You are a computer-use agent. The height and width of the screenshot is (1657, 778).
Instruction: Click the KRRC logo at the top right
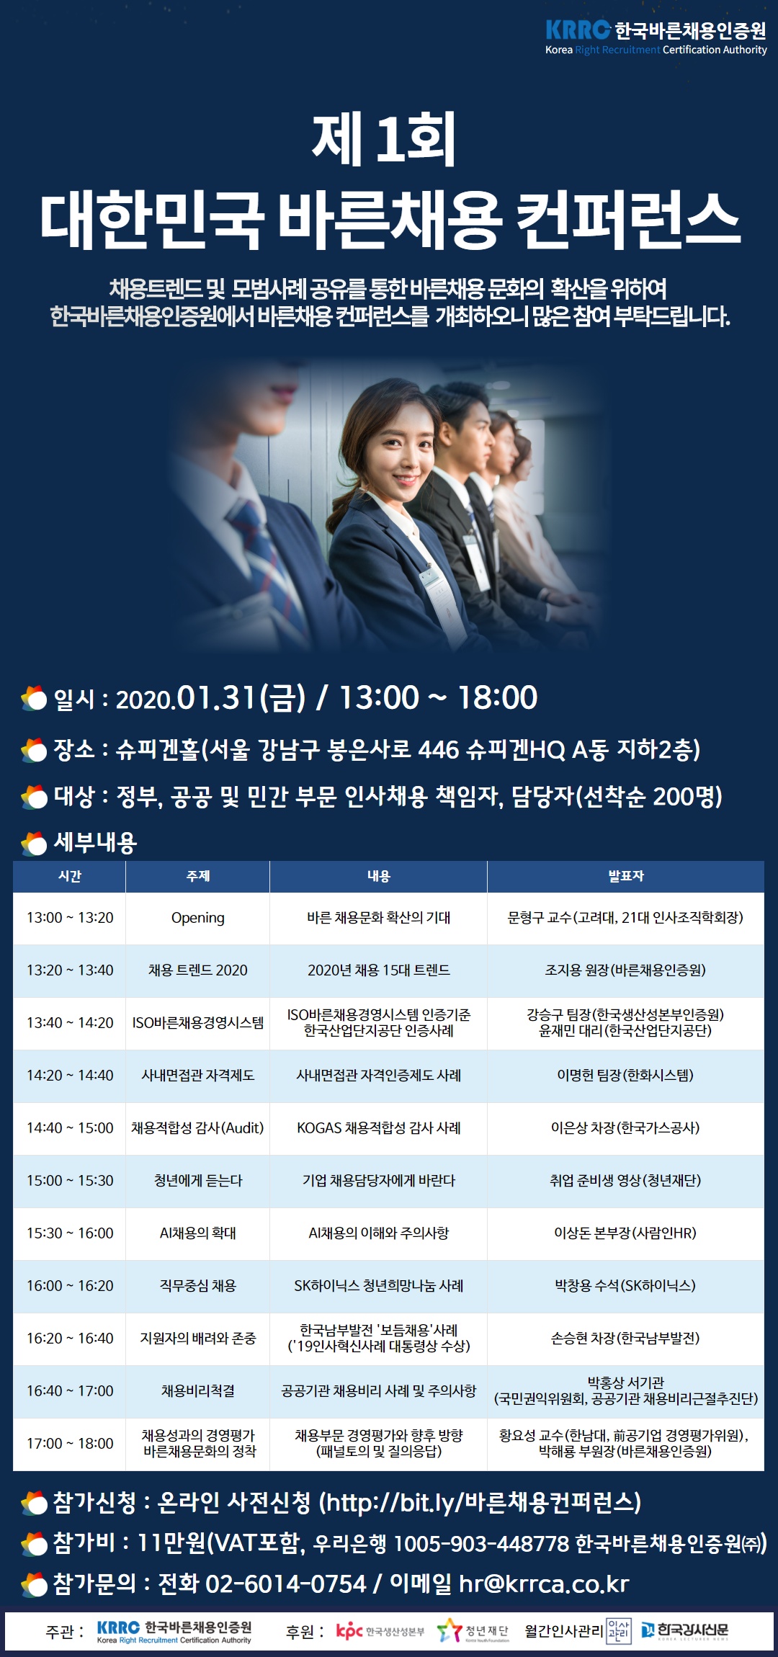coord(656,37)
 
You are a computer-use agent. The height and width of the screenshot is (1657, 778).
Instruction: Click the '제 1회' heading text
coord(384,139)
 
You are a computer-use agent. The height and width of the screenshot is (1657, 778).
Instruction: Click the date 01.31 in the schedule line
coord(217,697)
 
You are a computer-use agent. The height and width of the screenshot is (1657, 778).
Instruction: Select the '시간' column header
coord(70,876)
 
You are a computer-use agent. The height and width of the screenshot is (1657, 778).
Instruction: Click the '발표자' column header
coord(625,876)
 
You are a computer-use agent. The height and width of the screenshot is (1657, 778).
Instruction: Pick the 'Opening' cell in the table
coord(198,918)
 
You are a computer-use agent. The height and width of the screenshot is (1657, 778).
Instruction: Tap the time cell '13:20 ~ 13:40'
coord(70,970)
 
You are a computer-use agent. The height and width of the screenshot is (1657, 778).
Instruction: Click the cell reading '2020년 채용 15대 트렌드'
coord(379,970)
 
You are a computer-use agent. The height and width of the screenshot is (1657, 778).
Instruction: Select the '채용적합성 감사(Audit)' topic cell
coord(197,1128)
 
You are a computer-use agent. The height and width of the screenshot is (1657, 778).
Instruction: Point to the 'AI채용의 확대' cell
coord(198,1233)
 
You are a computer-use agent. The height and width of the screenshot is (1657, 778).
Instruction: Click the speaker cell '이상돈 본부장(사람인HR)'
coord(625,1233)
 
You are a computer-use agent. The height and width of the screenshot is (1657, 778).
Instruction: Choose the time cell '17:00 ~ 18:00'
coord(70,1444)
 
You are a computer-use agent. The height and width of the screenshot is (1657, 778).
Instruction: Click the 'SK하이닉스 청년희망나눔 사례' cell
coord(379,1286)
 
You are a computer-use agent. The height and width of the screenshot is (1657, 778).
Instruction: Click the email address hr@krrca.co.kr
coord(544,1584)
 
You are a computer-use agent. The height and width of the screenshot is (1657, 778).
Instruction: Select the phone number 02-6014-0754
coord(286,1584)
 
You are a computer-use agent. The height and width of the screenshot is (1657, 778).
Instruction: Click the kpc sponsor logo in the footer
coord(380,1631)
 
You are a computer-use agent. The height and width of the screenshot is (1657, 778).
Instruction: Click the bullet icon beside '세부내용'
coord(34,843)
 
